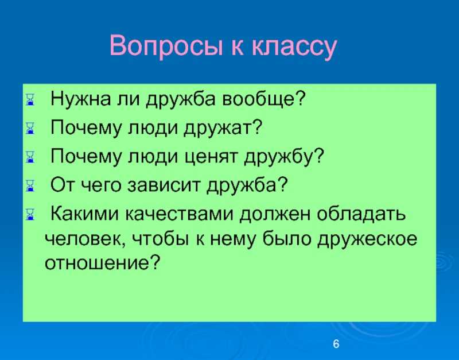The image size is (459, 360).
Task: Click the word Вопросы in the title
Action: [x=166, y=47]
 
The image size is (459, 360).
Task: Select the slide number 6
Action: [x=336, y=344]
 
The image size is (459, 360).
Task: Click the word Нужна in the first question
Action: [x=81, y=98]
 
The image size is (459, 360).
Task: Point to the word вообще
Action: [x=264, y=99]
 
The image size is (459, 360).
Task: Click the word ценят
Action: [x=212, y=157]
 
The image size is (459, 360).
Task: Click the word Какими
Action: [x=84, y=214]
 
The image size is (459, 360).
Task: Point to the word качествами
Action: [x=180, y=214]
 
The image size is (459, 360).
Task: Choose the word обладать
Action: [x=361, y=214]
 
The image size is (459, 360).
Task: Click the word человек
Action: [x=85, y=239]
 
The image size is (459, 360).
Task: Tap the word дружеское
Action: [x=367, y=240]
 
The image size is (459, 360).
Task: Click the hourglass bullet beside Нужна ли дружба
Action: [x=30, y=99]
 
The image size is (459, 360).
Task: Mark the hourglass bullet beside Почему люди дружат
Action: [x=30, y=128]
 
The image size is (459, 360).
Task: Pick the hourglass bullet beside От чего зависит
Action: [x=30, y=185]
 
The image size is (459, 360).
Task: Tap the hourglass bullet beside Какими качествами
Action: [x=30, y=214]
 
